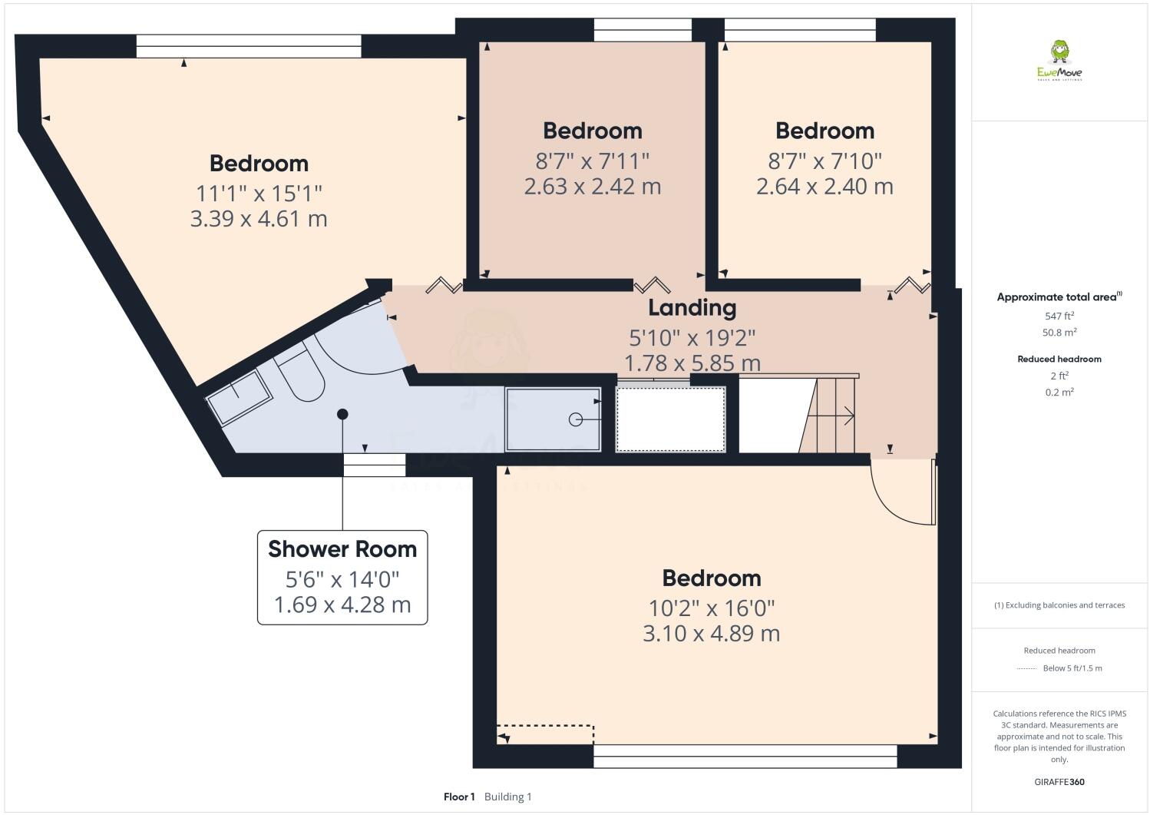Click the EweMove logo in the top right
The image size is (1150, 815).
1059,61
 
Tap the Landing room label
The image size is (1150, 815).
692,307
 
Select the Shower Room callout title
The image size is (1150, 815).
342,549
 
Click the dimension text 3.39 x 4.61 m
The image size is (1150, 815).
259,219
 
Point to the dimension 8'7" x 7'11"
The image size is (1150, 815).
592,161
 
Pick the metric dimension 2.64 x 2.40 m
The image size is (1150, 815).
824,187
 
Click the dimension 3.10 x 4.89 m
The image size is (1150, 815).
711,634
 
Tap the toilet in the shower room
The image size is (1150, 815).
300,375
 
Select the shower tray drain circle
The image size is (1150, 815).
576,419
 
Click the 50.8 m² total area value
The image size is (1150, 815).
1059,333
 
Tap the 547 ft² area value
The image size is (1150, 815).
1059,316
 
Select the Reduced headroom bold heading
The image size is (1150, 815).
1059,359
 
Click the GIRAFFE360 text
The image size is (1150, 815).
1059,782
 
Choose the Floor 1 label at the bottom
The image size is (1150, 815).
459,797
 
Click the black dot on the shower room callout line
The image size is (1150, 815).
342,414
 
